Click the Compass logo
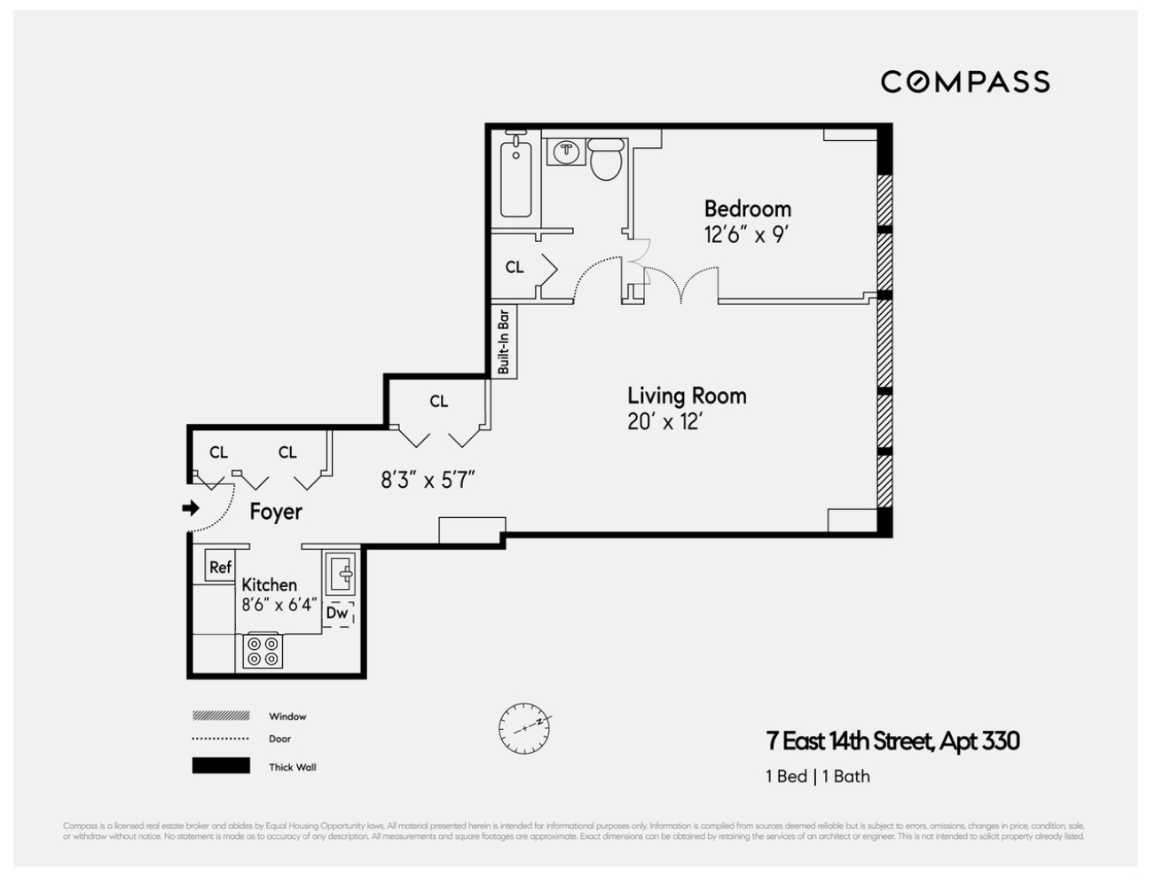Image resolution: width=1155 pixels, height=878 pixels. (x=965, y=82)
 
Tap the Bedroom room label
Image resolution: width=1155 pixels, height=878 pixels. (x=747, y=209)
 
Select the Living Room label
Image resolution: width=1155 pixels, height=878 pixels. (x=687, y=396)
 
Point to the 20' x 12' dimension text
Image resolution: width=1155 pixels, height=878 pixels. (x=664, y=422)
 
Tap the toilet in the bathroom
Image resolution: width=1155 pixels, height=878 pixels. (x=606, y=160)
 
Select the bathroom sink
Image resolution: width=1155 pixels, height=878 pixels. (x=564, y=153)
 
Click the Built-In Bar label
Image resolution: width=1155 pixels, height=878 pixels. (x=504, y=341)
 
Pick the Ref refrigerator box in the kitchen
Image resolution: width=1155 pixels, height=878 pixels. (x=220, y=567)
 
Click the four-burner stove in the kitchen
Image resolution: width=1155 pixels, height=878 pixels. (x=263, y=651)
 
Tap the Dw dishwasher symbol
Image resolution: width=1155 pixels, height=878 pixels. (x=337, y=613)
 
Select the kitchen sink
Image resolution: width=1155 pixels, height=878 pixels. (x=340, y=575)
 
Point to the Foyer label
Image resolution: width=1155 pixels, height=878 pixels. (x=275, y=512)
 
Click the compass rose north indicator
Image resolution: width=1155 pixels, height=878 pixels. (x=524, y=728)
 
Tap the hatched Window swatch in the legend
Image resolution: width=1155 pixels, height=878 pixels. (x=221, y=716)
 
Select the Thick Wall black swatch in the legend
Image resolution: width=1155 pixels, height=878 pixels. (x=221, y=766)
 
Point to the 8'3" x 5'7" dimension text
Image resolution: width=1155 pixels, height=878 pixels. (x=428, y=481)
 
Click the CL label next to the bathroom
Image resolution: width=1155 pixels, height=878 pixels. (x=515, y=267)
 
